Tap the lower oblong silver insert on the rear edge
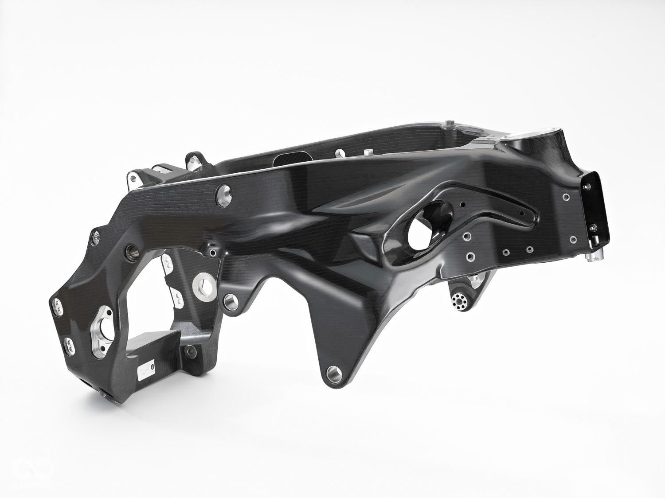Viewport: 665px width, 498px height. point(69,343)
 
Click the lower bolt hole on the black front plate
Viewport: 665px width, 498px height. point(593,228)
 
